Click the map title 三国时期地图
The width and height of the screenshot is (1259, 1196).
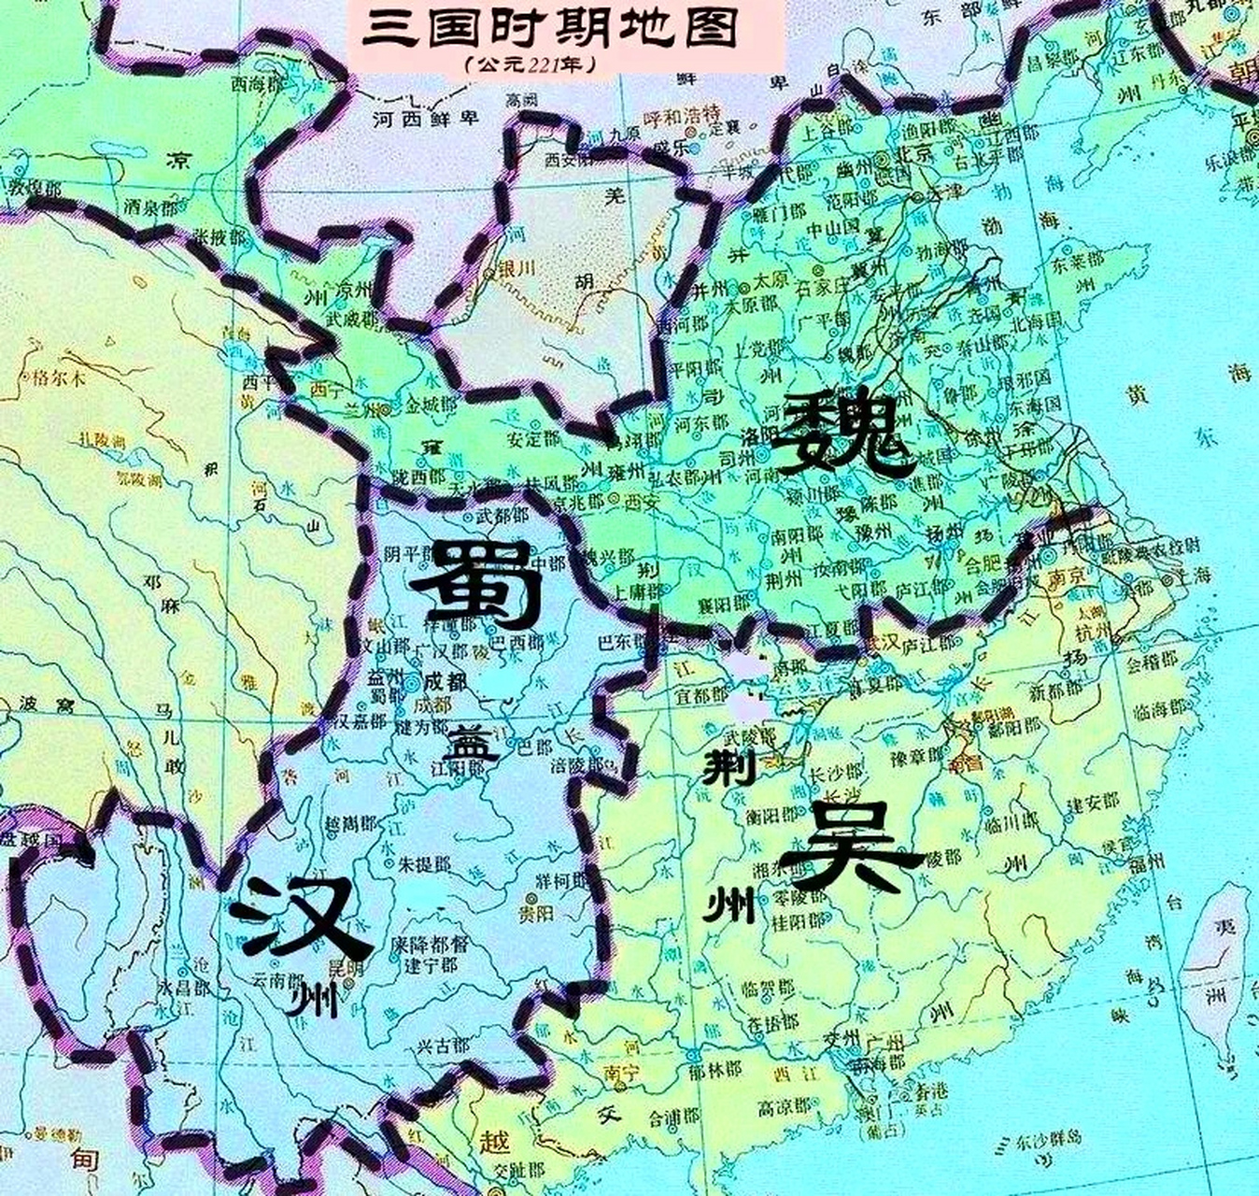click(x=549, y=32)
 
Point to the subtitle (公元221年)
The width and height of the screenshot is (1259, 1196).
click(x=530, y=66)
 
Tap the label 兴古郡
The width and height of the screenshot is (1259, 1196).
click(x=443, y=1045)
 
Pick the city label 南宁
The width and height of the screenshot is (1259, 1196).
click(x=621, y=1073)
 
